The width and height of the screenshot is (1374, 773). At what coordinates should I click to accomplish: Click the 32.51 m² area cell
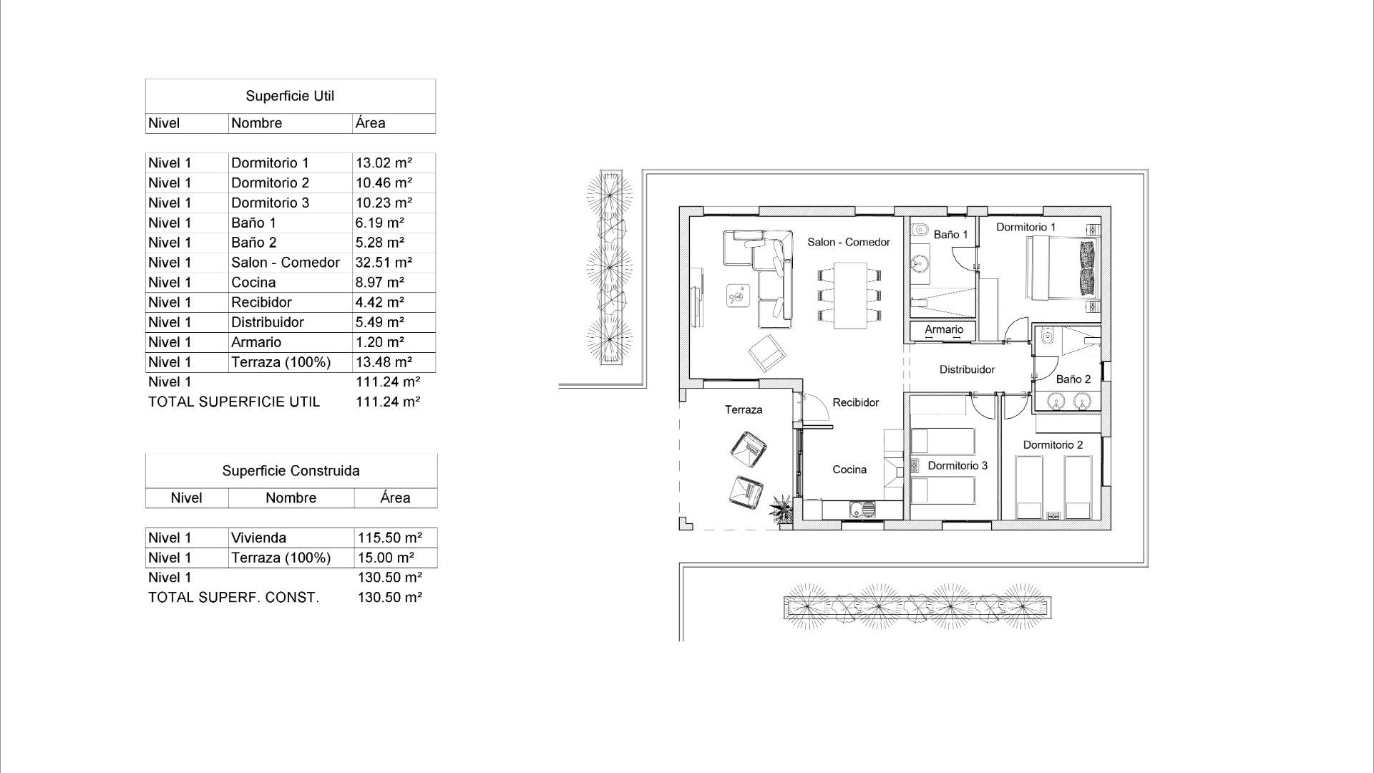coord(384,263)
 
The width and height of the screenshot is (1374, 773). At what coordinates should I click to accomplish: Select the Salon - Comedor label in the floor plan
coord(849,242)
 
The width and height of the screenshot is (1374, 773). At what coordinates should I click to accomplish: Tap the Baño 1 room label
coord(950,235)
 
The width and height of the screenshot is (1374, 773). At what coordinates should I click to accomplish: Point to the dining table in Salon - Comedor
coord(849,295)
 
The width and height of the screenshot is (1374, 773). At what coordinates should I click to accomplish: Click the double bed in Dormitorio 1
coord(1061,268)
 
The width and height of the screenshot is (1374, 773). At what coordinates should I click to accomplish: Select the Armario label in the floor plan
coord(944,329)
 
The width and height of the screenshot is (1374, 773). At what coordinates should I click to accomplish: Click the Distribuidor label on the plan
coord(967,369)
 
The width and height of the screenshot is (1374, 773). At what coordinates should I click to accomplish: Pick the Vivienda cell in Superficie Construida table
coord(258,538)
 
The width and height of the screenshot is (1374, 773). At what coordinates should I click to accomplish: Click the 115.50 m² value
coord(389,538)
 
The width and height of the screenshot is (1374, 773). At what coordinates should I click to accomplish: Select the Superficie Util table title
coord(290,96)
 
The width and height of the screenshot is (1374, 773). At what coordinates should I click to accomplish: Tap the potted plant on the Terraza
coord(781,510)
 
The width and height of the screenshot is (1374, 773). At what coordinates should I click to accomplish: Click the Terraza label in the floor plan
coord(743,409)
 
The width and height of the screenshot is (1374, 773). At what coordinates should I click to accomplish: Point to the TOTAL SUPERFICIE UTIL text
coord(234,402)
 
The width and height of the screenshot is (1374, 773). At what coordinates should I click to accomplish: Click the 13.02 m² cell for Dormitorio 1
coord(384,163)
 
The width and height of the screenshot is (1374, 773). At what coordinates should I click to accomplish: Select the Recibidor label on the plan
coord(855,402)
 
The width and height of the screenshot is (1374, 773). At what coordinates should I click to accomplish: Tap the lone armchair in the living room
coord(767,352)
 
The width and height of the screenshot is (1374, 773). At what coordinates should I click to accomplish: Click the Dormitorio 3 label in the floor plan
coord(957,465)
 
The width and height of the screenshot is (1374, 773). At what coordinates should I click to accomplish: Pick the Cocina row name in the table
coord(253,283)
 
